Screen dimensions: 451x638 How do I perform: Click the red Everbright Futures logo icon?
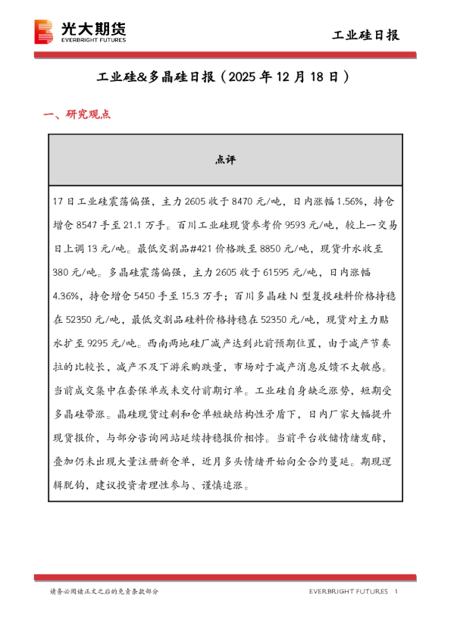(45, 33)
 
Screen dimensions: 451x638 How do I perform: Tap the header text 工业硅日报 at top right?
(367, 36)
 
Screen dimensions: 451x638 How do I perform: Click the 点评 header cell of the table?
(225, 160)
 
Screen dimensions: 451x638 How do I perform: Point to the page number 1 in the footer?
(396, 592)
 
